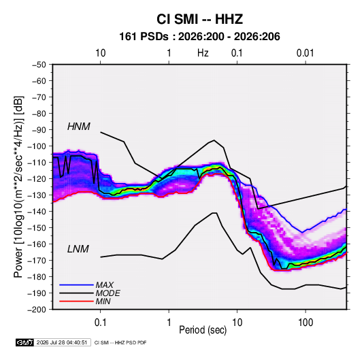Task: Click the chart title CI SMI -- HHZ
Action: [x=199, y=19]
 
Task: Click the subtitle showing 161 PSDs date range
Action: [x=199, y=37]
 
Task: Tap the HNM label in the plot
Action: [x=79, y=127]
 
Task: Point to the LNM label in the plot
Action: [x=78, y=249]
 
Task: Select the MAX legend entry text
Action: [x=105, y=285]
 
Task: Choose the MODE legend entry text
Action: [x=107, y=293]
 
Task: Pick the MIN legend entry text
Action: [x=103, y=301]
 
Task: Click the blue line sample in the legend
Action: [x=76, y=285]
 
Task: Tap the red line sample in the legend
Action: [x=76, y=301]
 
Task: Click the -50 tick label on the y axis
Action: [x=39, y=65]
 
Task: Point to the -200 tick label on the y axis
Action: [x=37, y=310]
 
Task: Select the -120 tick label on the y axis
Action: [x=37, y=179]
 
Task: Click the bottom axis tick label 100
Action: [x=305, y=323]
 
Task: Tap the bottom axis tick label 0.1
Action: [x=100, y=323]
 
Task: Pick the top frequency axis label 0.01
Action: [x=305, y=53]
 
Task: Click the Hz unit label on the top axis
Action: [x=203, y=53]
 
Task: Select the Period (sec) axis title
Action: [x=203, y=330]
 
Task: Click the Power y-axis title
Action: [x=18, y=187]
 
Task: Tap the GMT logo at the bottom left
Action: [x=24, y=342]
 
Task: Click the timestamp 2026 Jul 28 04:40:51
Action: [x=62, y=342]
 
